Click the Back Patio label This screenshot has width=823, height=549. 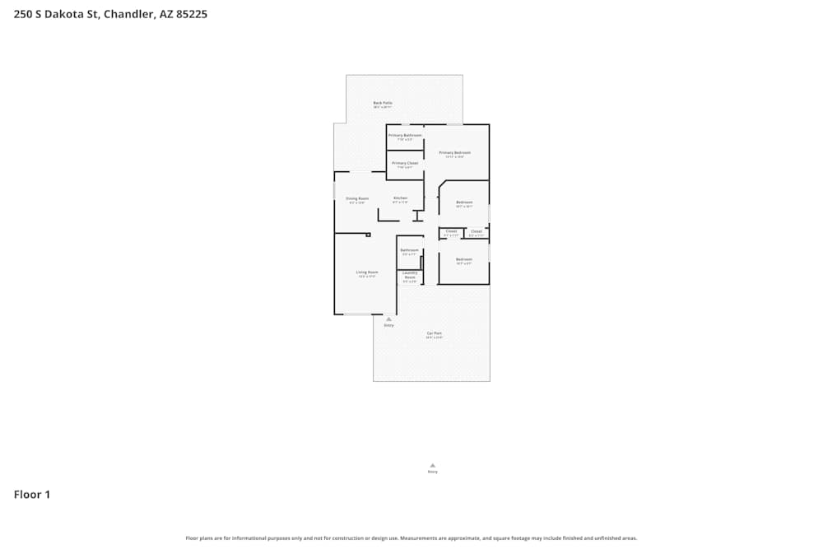pos(383,103)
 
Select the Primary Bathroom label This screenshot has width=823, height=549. pos(405,135)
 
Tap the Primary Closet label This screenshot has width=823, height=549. pos(405,163)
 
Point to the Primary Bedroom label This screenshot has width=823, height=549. pos(454,152)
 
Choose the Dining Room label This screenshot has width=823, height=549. pos(357,198)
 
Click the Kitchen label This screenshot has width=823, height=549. pos(400,198)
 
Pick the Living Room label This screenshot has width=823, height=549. pos(367,272)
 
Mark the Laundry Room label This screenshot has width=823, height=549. pos(410,275)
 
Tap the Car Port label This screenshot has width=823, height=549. pos(435,333)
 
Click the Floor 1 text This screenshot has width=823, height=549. pos(32,495)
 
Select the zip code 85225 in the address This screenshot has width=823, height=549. pos(192,14)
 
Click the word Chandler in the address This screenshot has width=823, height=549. pos(128,14)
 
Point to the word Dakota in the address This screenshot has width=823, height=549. pos(66,14)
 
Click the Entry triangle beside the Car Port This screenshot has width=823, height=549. pos(388,319)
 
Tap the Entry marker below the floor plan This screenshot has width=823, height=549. pos(433,466)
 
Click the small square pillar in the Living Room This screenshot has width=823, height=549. pos(368,235)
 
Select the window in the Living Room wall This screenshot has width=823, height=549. pos(357,314)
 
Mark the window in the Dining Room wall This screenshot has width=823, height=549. pos(334,190)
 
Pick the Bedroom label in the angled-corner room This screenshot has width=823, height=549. pos(464,202)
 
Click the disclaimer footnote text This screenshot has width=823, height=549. pos(411,538)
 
